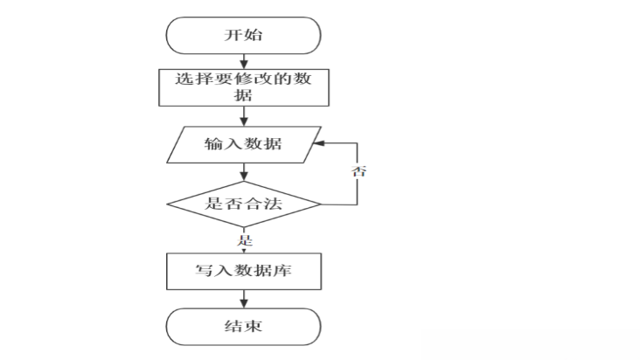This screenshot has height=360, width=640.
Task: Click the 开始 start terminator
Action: tap(243, 36)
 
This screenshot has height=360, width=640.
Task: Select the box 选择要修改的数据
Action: tap(243, 86)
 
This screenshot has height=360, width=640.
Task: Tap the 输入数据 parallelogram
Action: tap(243, 143)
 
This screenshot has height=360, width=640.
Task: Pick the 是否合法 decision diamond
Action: tap(244, 204)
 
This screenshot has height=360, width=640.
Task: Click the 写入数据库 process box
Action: tap(243, 271)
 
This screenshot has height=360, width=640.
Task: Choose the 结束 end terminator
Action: tap(243, 328)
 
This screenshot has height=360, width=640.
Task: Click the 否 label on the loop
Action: tap(358, 170)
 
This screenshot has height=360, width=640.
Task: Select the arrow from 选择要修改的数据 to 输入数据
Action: tap(243, 116)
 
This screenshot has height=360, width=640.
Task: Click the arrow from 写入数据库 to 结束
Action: tap(243, 299)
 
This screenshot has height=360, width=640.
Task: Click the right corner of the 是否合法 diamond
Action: tap(320, 204)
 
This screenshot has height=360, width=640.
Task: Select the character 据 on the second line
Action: tap(244, 95)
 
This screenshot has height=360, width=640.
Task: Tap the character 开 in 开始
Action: tap(233, 36)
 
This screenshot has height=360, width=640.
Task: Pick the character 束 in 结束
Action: tap(254, 328)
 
